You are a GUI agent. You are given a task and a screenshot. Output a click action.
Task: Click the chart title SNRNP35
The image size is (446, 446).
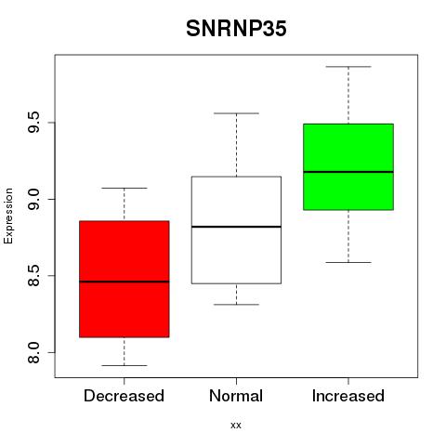[x=236, y=29]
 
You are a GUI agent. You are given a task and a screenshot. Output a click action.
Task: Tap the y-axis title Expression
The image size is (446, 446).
[x=8, y=216]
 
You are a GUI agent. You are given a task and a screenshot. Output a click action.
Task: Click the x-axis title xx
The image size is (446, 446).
[x=236, y=426]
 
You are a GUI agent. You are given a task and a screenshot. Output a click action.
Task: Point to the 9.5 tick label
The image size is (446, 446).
[x=33, y=123]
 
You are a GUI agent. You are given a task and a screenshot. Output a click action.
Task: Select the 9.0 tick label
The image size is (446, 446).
[x=33, y=199]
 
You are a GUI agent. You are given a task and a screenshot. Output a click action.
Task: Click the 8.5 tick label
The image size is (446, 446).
[x=33, y=276]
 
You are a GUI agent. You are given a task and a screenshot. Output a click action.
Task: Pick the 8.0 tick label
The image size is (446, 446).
[x=33, y=352]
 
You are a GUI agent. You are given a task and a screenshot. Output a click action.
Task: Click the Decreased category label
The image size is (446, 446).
[x=124, y=396]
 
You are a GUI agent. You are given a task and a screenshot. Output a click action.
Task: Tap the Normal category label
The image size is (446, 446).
[x=236, y=396]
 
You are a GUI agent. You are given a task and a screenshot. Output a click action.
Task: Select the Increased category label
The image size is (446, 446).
[x=348, y=396]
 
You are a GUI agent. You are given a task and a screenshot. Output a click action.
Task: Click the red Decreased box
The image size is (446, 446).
[x=125, y=309]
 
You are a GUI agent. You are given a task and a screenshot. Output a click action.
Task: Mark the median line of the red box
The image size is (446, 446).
[x=125, y=282]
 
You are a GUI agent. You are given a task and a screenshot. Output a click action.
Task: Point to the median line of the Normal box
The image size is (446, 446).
[x=236, y=227]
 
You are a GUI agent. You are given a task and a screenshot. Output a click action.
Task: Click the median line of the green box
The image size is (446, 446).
[x=348, y=172]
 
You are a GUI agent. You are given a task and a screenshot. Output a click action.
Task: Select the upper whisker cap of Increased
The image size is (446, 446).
[x=348, y=67]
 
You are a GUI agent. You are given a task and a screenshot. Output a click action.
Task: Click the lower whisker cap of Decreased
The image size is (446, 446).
[x=125, y=365]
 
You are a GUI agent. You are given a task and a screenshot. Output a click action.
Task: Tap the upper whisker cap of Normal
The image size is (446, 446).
[x=236, y=113]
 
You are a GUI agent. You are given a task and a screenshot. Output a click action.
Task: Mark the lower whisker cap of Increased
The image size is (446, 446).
[x=348, y=262]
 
